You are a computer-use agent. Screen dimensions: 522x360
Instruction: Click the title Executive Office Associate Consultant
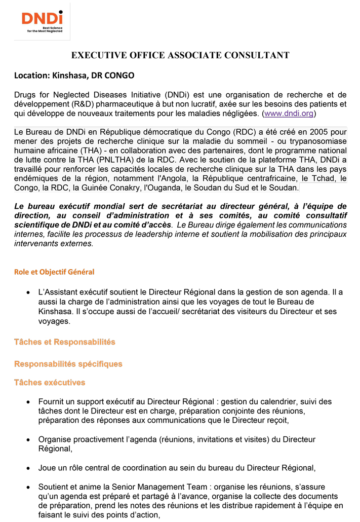click(x=180, y=55)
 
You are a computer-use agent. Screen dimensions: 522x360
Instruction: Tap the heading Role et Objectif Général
click(x=54, y=272)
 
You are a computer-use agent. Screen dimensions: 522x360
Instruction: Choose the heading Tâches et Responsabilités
click(x=64, y=342)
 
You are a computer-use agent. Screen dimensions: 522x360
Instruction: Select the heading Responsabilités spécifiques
click(x=68, y=364)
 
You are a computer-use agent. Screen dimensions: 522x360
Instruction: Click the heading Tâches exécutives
click(x=49, y=383)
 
